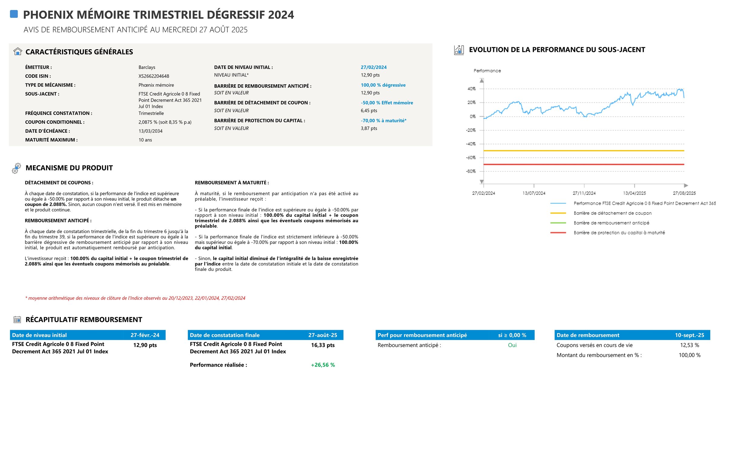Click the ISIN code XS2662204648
(x=154, y=76)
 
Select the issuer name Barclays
(x=147, y=67)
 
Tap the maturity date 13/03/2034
(x=151, y=131)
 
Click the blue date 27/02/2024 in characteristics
(x=373, y=67)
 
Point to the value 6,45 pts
(x=369, y=111)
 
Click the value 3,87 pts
(x=369, y=128)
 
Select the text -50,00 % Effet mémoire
(x=387, y=103)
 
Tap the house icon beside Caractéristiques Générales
(x=18, y=51)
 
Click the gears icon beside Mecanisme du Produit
(x=16, y=168)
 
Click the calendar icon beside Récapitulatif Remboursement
(x=17, y=320)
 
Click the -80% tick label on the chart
(x=470, y=171)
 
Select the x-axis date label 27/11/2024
(x=584, y=193)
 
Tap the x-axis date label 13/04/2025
(x=634, y=193)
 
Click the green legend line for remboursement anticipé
(x=558, y=223)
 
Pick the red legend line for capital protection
(x=558, y=232)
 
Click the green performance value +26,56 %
(x=323, y=365)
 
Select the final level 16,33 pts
(x=323, y=345)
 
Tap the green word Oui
(x=512, y=345)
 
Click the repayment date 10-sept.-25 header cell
(x=689, y=335)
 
